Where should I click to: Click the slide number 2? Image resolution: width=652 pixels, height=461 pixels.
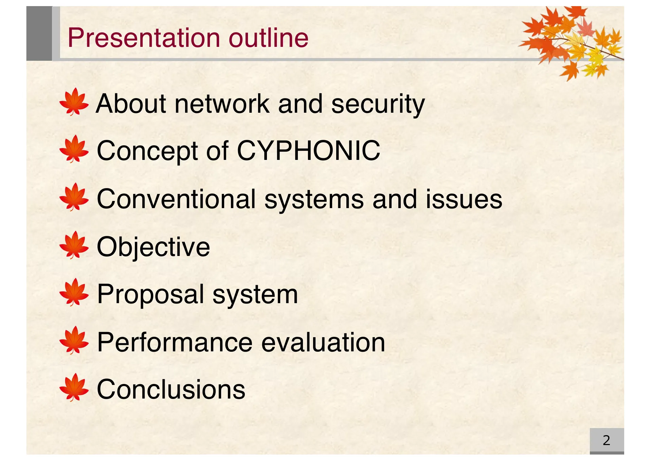click(606, 440)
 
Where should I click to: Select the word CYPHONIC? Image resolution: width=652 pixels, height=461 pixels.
click(308, 150)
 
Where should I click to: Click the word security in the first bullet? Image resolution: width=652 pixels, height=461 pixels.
click(378, 104)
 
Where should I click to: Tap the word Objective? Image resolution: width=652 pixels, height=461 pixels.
click(153, 247)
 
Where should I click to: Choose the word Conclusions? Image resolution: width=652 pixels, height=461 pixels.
click(171, 389)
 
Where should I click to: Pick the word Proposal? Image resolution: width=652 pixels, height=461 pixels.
click(150, 294)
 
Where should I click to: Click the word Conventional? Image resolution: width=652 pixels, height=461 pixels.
click(176, 199)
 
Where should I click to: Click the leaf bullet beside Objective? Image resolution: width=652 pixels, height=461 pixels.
click(74, 245)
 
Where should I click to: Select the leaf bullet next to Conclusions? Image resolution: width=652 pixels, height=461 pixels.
click(74, 387)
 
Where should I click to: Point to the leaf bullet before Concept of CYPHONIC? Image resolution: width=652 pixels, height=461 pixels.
click(74, 149)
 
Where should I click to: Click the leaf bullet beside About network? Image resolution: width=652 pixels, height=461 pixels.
click(74, 102)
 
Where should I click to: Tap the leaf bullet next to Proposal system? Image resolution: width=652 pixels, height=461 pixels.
click(74, 292)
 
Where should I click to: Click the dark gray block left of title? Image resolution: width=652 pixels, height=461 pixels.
click(39, 33)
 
